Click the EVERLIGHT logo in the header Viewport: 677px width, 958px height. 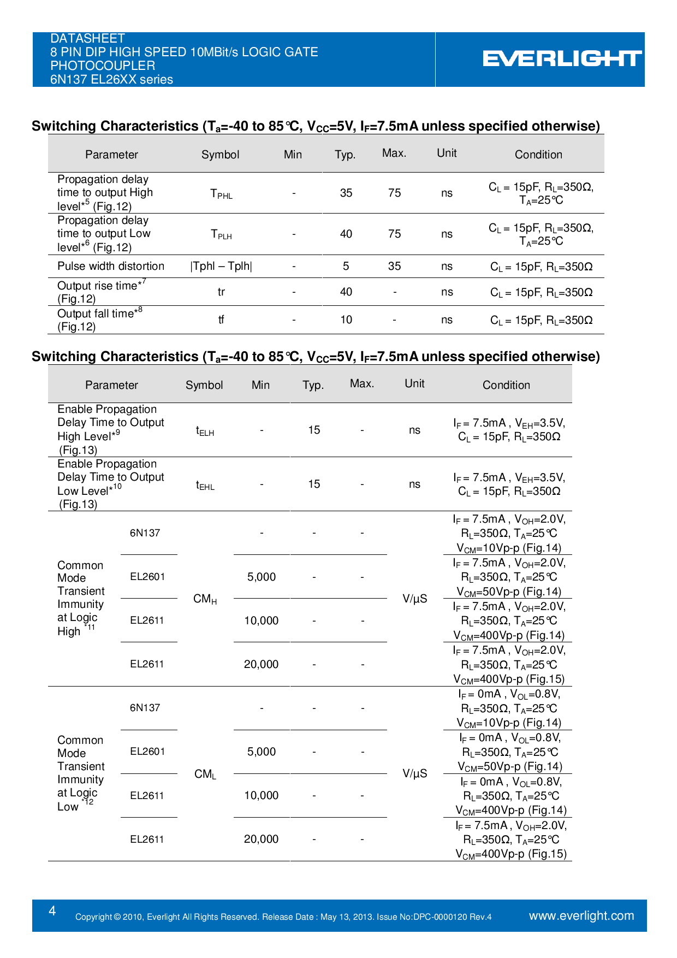pos(562,58)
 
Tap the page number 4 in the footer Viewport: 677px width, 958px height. pos(52,910)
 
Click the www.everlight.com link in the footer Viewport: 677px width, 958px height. pos(581,915)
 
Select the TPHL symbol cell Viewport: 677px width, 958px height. pos(221,193)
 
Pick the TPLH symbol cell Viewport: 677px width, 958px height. pos(221,234)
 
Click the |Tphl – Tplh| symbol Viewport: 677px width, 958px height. pos(221,266)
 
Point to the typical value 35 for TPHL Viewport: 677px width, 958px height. pos(346,193)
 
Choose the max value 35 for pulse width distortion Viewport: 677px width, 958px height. pos(394,266)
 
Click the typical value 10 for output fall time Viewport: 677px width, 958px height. pos(346,320)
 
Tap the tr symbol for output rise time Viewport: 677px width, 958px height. pos(221,292)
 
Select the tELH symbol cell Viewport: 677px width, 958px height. pos(205,431)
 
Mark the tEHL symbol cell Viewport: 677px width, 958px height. pos(205,485)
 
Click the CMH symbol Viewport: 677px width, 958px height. pos(205,599)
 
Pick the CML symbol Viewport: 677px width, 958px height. pos(205,774)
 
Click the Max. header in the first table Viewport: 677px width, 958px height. pos(394,153)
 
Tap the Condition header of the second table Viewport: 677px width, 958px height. pos(506,385)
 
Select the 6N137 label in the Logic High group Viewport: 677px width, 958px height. pos(145,533)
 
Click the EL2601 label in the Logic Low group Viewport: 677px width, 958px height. pos(147,752)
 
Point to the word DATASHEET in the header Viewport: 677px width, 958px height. pos(87,38)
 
